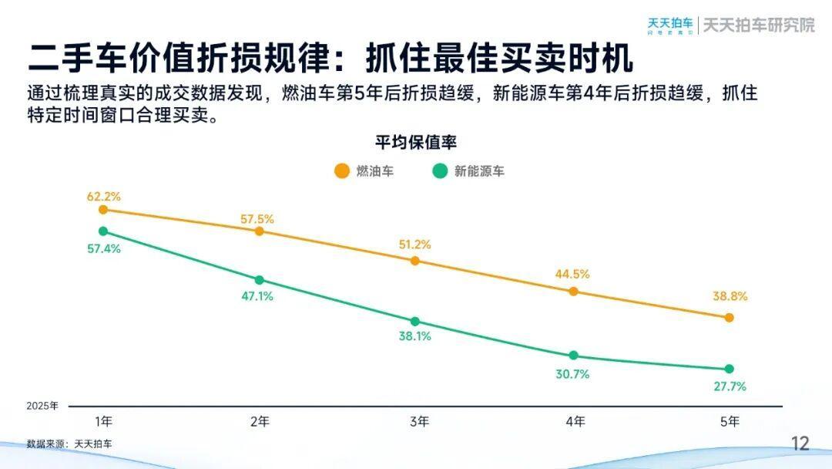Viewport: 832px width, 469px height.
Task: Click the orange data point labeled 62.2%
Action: pos(103,209)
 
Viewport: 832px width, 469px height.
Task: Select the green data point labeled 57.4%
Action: pos(103,231)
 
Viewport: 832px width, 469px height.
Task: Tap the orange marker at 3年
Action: pos(414,261)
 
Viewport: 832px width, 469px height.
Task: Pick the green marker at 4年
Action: pos(573,356)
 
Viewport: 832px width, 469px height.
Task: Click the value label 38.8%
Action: pos(730,296)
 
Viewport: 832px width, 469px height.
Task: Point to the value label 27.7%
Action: pos(730,386)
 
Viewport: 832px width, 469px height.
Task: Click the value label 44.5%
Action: pos(573,273)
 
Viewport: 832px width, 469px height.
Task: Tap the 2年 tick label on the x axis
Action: pos(260,421)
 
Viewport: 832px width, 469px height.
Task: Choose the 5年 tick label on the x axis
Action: pos(730,421)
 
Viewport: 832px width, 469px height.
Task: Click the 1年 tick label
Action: pos(103,421)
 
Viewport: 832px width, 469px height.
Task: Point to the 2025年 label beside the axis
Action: pos(42,406)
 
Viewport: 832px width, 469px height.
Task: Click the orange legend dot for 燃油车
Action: pos(341,171)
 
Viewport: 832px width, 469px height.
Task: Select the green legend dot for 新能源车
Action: pos(440,171)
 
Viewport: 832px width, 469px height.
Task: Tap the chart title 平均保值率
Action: pos(416,143)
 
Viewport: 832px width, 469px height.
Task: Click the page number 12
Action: pos(801,444)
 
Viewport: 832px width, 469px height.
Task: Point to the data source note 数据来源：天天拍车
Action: pos(69,444)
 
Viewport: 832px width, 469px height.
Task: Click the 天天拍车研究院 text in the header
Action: pos(759,25)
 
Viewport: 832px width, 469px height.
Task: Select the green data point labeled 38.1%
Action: pos(414,321)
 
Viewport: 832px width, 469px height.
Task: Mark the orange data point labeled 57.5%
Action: pos(259,231)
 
